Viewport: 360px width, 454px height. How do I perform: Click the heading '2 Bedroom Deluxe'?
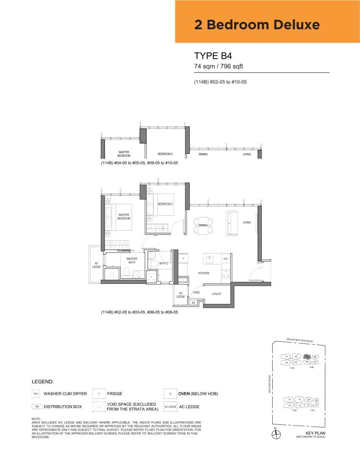coord(257,25)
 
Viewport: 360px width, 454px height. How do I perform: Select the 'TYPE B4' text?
coord(213,56)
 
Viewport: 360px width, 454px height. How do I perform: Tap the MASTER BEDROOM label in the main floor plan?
coord(124,217)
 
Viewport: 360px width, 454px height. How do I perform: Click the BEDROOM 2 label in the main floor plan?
coord(165,204)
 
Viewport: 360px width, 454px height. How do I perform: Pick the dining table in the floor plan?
coord(203,226)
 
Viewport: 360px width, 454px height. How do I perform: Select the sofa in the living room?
coord(232,223)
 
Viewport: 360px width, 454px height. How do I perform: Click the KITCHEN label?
coord(203,273)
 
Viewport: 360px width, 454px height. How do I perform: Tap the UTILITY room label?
coord(216,294)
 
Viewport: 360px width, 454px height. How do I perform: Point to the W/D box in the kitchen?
coord(225,259)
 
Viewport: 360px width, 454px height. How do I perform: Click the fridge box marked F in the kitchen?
coord(183,258)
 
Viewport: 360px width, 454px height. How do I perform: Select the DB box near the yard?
coord(193,303)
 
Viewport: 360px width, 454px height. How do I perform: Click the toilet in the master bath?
coord(126,273)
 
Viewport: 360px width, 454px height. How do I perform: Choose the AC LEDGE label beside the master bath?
coord(96,265)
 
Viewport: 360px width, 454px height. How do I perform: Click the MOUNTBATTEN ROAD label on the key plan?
coord(299,340)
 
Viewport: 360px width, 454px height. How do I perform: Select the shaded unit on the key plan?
coord(307,357)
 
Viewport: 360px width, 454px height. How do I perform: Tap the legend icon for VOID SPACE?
coord(99,407)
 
